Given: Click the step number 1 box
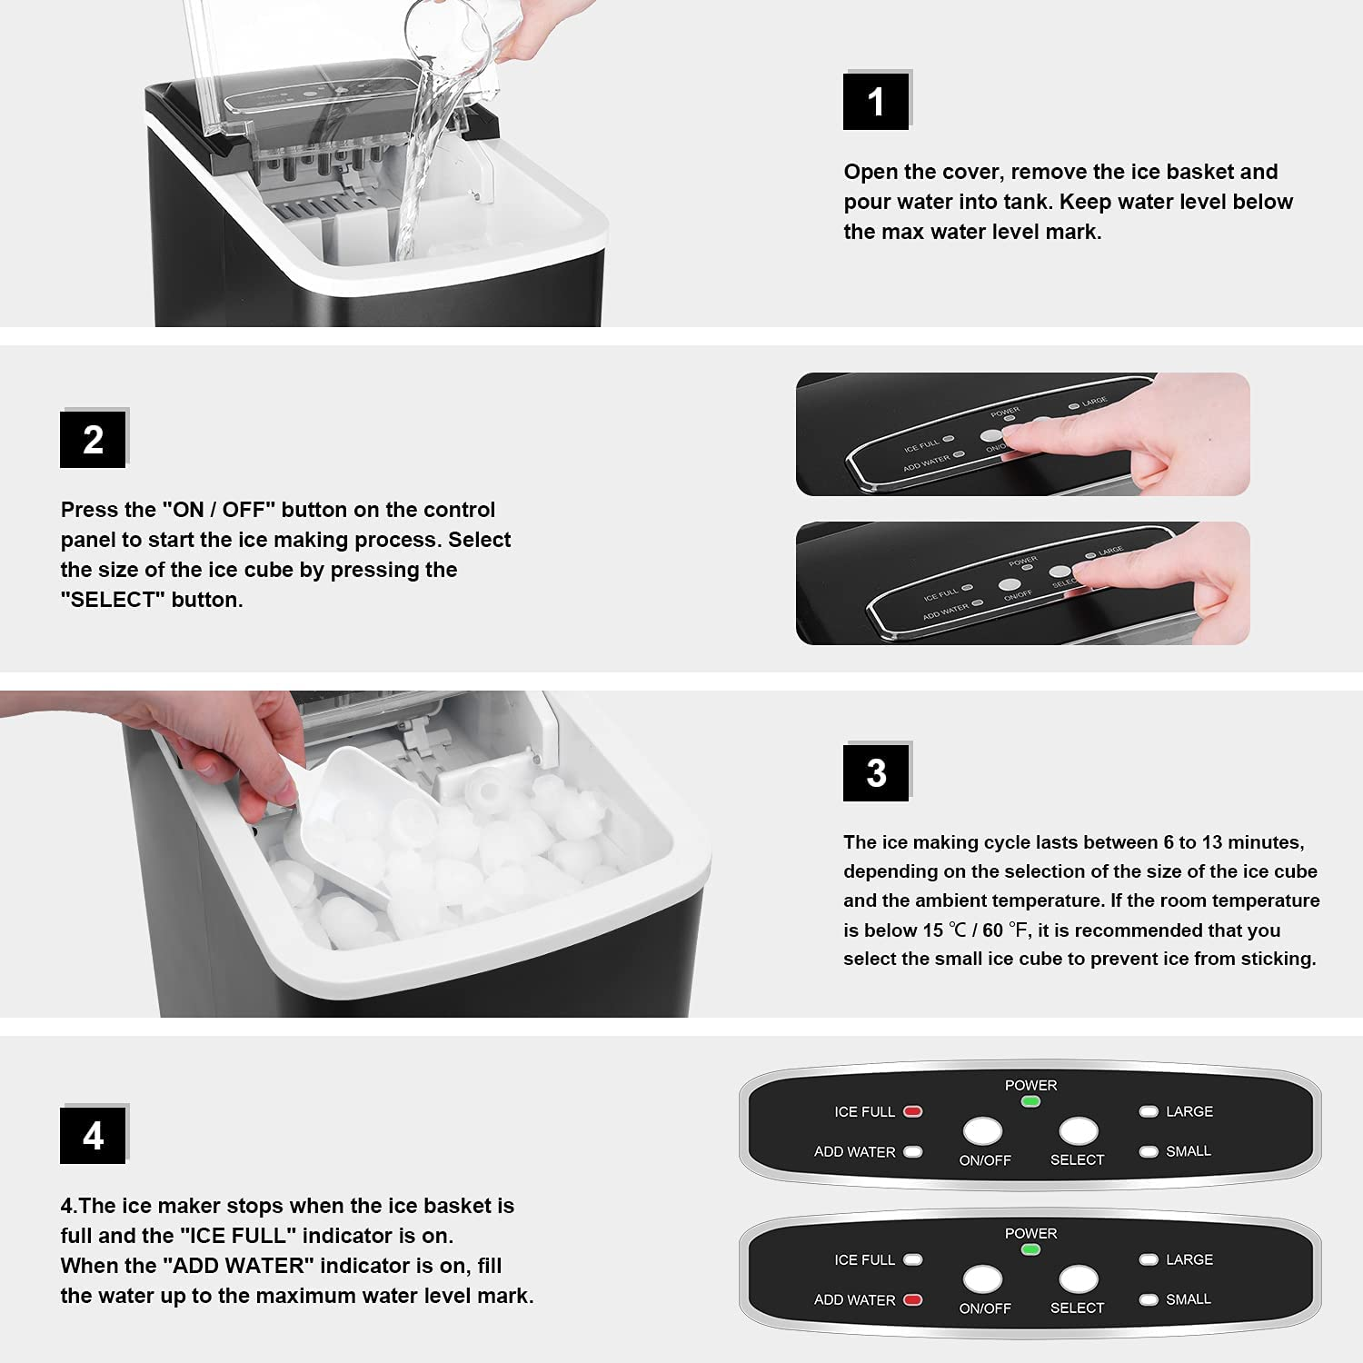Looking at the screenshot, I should [x=876, y=101].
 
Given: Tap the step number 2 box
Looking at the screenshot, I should [x=93, y=440].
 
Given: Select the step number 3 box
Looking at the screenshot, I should [x=876, y=772].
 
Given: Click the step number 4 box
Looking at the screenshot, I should [x=93, y=1136].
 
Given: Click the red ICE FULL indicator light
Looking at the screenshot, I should [x=913, y=1111].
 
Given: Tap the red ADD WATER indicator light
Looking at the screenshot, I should [x=913, y=1299].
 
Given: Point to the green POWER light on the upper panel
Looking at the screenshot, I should [x=1030, y=1101].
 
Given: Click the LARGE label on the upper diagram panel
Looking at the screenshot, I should [x=1189, y=1111].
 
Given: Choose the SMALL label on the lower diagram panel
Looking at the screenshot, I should [x=1188, y=1299].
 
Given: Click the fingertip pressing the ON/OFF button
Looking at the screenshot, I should [x=1013, y=443].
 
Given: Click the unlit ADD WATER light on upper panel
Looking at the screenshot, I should [x=913, y=1151].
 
